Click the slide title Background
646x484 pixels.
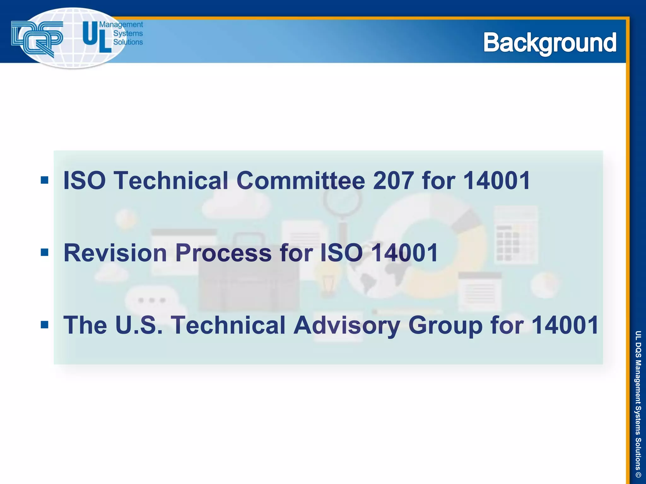pyautogui.click(x=549, y=43)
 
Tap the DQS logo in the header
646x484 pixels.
pyautogui.click(x=37, y=38)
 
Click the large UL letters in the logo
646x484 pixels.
pyautogui.click(x=97, y=37)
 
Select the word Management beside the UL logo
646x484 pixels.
pyautogui.click(x=121, y=25)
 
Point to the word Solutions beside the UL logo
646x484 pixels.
pyautogui.click(x=128, y=42)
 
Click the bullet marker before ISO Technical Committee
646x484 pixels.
pyautogui.click(x=44, y=180)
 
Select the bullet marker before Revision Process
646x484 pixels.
pyautogui.click(x=44, y=252)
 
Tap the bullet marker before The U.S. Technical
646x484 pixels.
pyautogui.click(x=44, y=325)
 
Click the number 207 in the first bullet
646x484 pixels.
pyautogui.click(x=393, y=181)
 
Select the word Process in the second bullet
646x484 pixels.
pyautogui.click(x=223, y=253)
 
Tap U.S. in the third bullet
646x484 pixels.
pyautogui.click(x=139, y=325)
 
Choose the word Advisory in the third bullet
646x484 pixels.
pyautogui.click(x=347, y=325)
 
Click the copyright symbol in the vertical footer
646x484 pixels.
pyautogui.click(x=638, y=475)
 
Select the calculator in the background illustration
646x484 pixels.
pyautogui.click(x=515, y=235)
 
